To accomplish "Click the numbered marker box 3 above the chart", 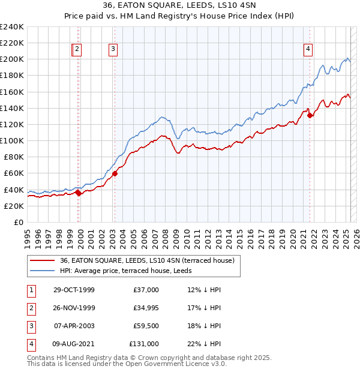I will pyautogui.click(x=113, y=50).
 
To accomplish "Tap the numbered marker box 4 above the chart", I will pyautogui.click(x=308, y=50).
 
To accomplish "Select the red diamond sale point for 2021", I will pyautogui.click(x=310, y=116).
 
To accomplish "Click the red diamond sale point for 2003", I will pyautogui.click(x=115, y=174).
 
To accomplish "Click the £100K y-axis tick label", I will pyautogui.click(x=12, y=140).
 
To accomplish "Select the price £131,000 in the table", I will pyautogui.click(x=144, y=344).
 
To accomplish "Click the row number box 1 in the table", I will pyautogui.click(x=31, y=290).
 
